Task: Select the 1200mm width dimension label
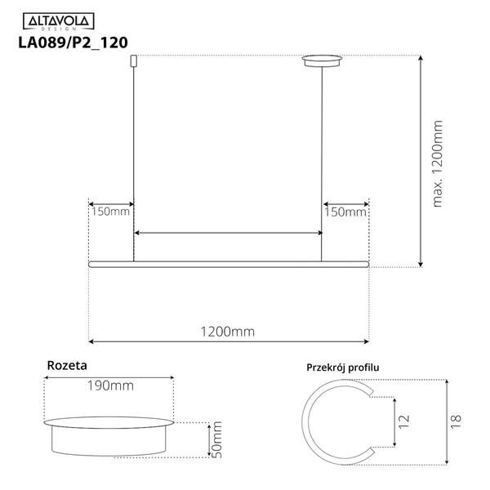click(x=228, y=332)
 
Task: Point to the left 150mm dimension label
click(x=109, y=212)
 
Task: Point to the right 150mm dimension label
click(x=345, y=212)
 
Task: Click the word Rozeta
click(x=67, y=366)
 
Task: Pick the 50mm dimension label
click(x=217, y=439)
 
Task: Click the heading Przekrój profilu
click(x=342, y=367)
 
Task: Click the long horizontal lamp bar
click(x=228, y=263)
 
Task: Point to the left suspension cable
click(x=133, y=155)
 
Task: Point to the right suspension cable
click(x=324, y=155)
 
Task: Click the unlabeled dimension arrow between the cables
click(x=228, y=234)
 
